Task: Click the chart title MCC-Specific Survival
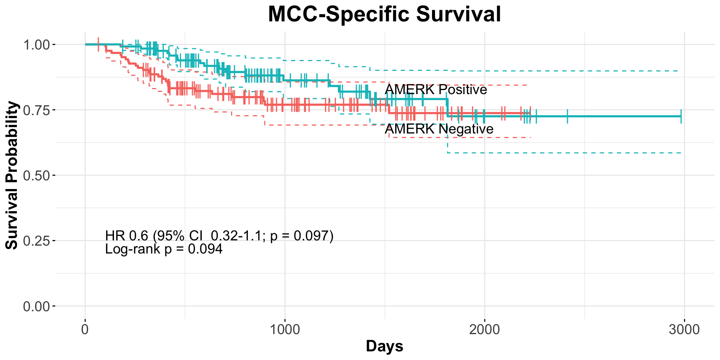(384, 14)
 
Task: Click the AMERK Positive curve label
(436, 90)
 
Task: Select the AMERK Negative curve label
(439, 129)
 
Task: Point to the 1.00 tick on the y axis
(36, 45)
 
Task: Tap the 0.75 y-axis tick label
(36, 110)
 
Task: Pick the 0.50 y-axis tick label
(36, 175)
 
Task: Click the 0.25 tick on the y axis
(36, 241)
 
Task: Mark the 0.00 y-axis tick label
(36, 306)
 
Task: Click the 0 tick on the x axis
(85, 330)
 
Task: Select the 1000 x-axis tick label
(285, 330)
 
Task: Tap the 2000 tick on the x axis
(484, 330)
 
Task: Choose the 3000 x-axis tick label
(684, 330)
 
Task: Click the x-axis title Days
(384, 346)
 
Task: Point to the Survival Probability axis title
(12, 175)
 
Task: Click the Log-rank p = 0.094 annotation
(164, 249)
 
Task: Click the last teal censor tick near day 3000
(681, 116)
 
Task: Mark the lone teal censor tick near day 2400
(567, 116)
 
